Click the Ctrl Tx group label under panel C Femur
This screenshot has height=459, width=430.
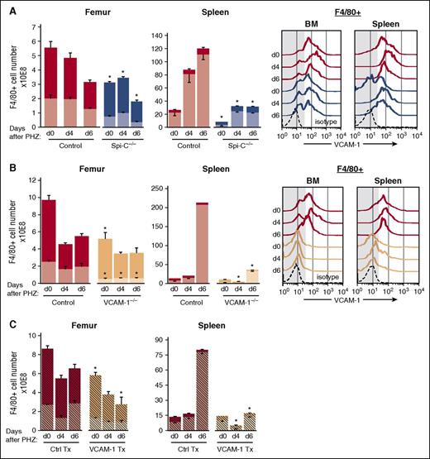65,452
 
